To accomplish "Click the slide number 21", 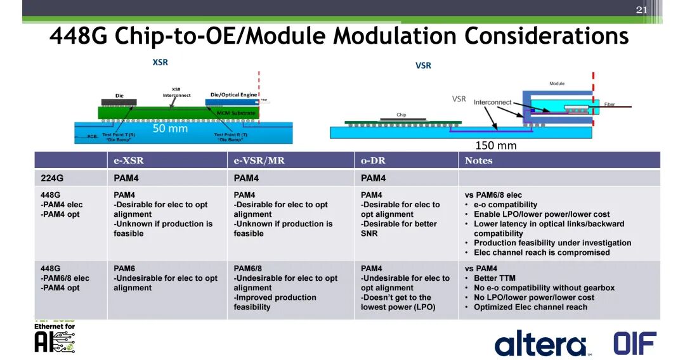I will point(641,10).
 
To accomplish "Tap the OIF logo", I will point(634,343).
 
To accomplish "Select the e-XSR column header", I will point(128,160).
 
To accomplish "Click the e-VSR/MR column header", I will point(259,160).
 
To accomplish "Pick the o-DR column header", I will point(374,160).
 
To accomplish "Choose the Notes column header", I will point(478,160).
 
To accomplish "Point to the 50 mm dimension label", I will point(170,128).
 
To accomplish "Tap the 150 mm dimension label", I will point(496,146).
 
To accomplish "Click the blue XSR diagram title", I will point(160,62).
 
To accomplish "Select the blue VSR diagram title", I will point(423,65).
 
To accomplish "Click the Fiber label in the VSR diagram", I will point(610,105).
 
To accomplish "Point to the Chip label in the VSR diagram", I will point(401,115).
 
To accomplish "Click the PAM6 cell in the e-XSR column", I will point(124,269).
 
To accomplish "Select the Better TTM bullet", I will point(494,278).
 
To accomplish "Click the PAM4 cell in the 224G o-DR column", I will point(373,178).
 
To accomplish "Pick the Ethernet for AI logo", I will point(55,338).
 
